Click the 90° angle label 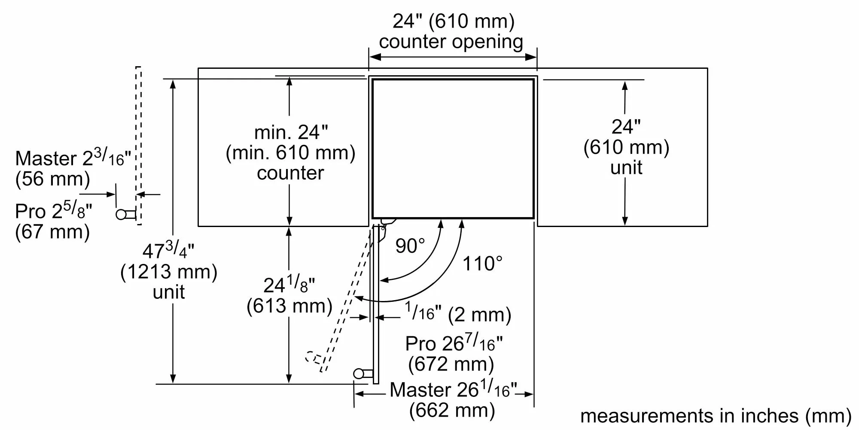(x=410, y=246)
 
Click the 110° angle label (x=482, y=264)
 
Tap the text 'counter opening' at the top (x=451, y=42)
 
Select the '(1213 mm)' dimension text (x=169, y=272)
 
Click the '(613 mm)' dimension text (x=289, y=306)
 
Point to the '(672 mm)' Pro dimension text (x=451, y=364)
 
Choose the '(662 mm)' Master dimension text (x=452, y=410)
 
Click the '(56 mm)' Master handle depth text (x=52, y=179)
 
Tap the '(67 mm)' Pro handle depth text (x=52, y=232)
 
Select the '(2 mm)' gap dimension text (x=479, y=315)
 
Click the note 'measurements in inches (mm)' (x=716, y=416)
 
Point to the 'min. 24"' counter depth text (x=291, y=132)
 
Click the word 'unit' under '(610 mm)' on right (x=626, y=168)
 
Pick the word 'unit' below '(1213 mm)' (x=169, y=292)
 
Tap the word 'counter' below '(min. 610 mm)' (x=290, y=173)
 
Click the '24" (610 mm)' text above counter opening (x=453, y=21)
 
